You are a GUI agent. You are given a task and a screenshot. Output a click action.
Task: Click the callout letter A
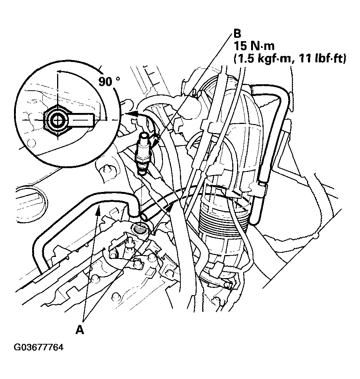tap(79, 330)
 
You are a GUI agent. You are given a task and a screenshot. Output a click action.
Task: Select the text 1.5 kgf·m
tap(261, 59)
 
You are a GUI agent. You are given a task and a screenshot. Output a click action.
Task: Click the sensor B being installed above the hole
tap(144, 151)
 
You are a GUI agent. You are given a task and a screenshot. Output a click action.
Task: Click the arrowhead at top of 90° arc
tap(59, 71)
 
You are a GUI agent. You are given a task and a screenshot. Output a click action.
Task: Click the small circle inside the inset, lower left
tap(31, 143)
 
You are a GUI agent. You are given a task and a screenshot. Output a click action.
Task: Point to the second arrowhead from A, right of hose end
tap(171, 206)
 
